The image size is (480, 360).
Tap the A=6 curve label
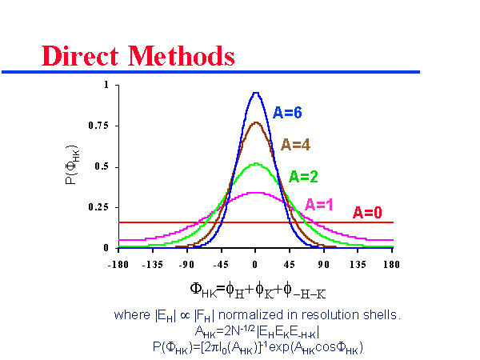tap(288, 113)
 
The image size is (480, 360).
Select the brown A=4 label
tap(295, 145)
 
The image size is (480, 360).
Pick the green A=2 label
tap(305, 176)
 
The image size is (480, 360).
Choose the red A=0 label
tap(369, 212)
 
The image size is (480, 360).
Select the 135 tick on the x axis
tap(358, 262)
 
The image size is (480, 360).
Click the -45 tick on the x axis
tap(221, 262)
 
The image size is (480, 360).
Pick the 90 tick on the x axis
tap(324, 262)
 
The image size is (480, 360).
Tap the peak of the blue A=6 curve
tap(255, 93)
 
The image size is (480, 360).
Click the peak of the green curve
tap(255, 164)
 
